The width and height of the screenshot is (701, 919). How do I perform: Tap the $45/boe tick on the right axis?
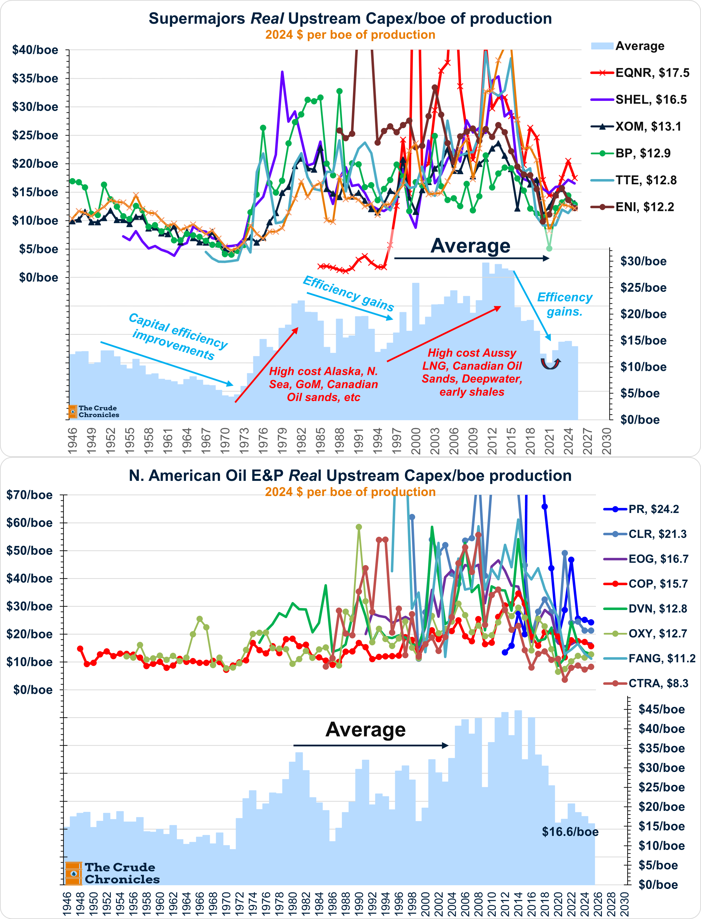pos(661,709)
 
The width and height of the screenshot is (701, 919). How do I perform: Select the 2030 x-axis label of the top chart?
pos(607,441)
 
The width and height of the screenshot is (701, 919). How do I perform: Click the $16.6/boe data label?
pos(570,832)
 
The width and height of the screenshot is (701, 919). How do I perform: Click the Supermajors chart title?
pos(350,19)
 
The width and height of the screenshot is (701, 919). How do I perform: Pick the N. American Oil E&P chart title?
pos(350,476)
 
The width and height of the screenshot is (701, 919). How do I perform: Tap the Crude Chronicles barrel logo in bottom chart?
pos(74,873)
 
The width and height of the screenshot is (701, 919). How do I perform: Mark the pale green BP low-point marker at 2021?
pos(549,249)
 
